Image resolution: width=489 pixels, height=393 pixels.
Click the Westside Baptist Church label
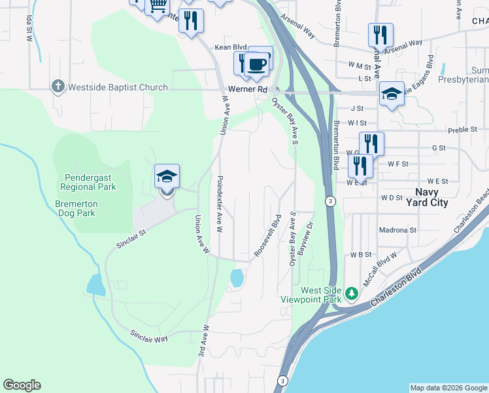(x=118, y=87)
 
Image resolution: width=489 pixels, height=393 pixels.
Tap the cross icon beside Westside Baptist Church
(x=58, y=86)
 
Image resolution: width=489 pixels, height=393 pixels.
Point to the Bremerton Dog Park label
(x=84, y=208)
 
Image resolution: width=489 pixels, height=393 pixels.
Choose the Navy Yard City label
(x=431, y=198)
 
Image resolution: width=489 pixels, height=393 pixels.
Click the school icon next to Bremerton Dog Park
(x=167, y=177)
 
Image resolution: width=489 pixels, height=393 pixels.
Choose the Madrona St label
(x=397, y=231)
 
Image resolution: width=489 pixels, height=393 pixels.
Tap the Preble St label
(x=463, y=130)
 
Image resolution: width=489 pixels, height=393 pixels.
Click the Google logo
(x=22, y=385)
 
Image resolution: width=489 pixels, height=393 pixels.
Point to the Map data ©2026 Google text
(x=448, y=388)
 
